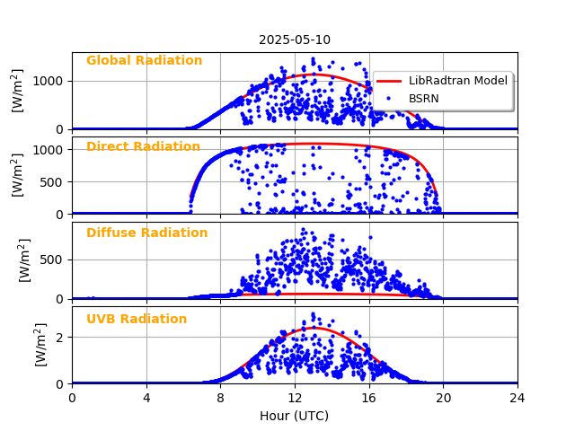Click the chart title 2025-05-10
(x=295, y=40)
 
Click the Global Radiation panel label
(x=144, y=61)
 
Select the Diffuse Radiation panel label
(x=146, y=233)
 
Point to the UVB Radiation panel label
(x=137, y=320)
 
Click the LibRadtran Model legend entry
(x=457, y=81)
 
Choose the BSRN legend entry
(x=423, y=98)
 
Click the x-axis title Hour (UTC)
(x=295, y=416)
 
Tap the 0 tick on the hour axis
(x=72, y=398)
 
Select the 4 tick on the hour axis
(x=146, y=398)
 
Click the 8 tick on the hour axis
(x=220, y=398)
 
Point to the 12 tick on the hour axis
(x=295, y=398)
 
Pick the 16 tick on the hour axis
(x=368, y=398)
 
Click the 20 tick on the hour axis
(x=443, y=398)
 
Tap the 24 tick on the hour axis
(x=517, y=398)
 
